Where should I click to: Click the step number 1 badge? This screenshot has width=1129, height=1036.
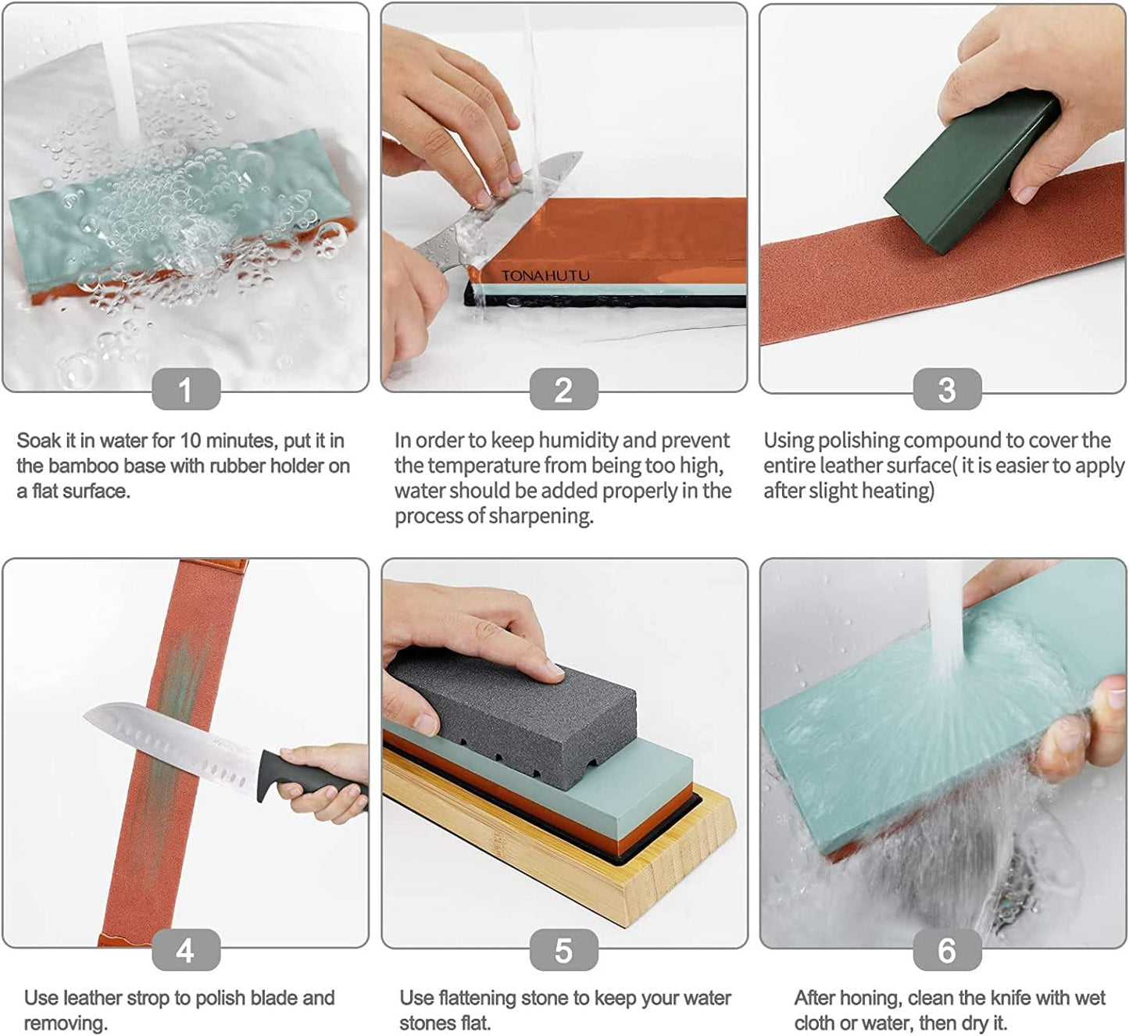(x=185, y=389)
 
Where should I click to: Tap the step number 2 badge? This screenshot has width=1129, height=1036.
(x=563, y=389)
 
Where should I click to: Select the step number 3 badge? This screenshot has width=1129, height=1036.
(x=946, y=389)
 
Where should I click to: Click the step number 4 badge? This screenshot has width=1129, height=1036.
(x=185, y=949)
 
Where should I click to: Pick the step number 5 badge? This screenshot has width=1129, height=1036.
(x=563, y=949)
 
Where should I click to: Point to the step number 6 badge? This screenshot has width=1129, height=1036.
(x=946, y=949)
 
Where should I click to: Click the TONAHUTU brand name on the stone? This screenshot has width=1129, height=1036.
(x=545, y=276)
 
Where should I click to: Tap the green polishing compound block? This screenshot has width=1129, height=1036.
(x=969, y=172)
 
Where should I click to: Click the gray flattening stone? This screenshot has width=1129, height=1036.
(x=512, y=719)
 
